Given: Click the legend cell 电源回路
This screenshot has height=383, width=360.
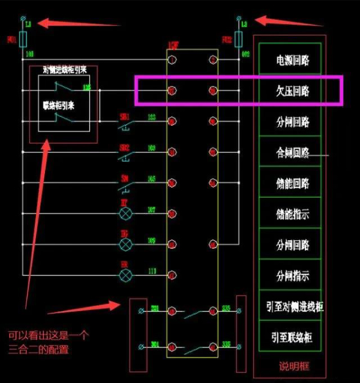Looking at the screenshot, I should pos(292,60).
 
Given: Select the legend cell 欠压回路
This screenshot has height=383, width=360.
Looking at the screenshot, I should pos(292,91).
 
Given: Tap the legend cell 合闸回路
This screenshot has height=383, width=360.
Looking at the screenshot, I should pos(292,153).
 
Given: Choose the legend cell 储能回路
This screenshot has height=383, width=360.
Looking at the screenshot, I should pos(292,183).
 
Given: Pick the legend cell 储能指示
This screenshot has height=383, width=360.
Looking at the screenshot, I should pos(292,214).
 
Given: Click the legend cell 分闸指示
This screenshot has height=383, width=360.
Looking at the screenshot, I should pos(292,276).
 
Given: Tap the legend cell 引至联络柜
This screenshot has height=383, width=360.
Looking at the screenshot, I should pos(292,337).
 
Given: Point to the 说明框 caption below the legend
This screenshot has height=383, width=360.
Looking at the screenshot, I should pos(292,366).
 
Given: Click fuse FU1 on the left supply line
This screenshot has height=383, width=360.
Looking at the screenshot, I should pos(23,40).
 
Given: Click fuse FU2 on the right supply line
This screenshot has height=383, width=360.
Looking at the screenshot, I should pos(238,40).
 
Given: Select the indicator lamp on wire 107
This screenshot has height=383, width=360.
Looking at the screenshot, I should pos(126,213).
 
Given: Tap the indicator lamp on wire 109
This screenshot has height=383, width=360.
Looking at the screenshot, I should pos(126,244).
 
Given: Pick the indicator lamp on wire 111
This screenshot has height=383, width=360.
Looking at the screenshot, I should pos(126,275).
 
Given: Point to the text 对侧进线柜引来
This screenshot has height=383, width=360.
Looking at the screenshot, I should pos(64,70).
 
